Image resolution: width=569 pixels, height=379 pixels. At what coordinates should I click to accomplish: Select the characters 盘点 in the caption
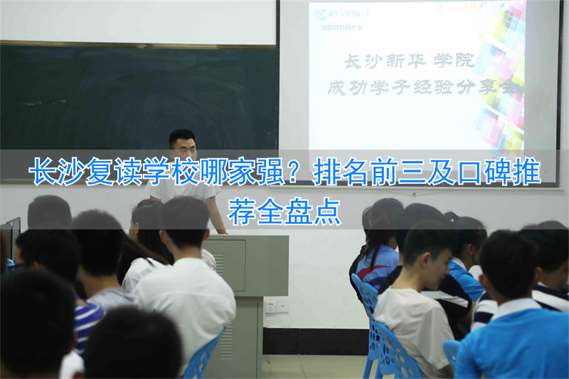pos(312,211)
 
